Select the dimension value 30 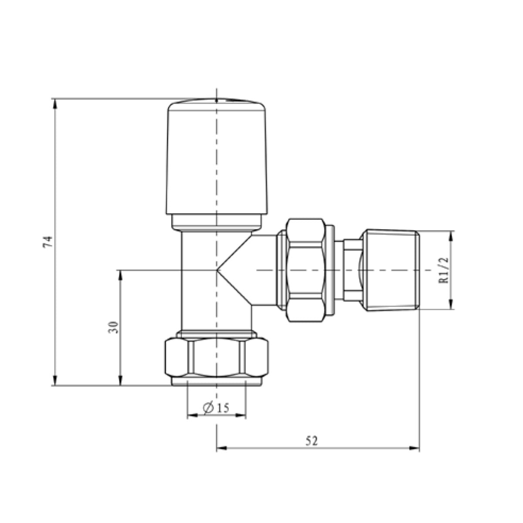[x=113, y=328]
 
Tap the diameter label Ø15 [x=216, y=408]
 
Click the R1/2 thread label [x=444, y=270]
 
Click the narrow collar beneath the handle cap [x=217, y=222]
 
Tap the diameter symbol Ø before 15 [x=208, y=408]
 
